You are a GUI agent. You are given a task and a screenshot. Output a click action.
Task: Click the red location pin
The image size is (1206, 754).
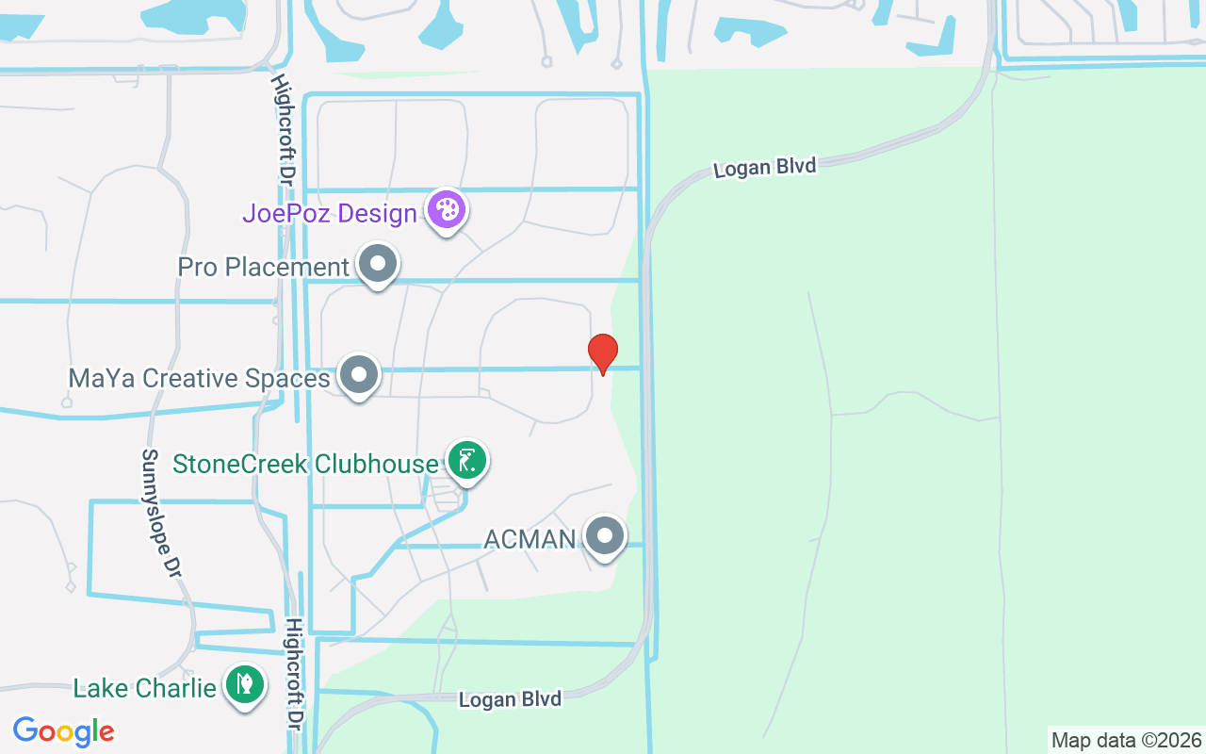tap(603, 353)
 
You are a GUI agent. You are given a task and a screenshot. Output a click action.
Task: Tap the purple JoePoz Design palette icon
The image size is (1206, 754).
tap(446, 210)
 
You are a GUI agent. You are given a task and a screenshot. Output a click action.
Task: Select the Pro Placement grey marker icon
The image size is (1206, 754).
tap(378, 265)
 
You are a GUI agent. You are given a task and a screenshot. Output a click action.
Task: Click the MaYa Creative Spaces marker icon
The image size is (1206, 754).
tap(358, 375)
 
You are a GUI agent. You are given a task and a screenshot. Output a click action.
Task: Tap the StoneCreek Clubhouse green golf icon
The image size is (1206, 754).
tap(466, 461)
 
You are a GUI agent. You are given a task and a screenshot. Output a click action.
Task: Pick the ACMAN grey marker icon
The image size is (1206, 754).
tap(605, 536)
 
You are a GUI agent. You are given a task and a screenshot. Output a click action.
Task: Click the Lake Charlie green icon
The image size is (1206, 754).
tap(245, 684)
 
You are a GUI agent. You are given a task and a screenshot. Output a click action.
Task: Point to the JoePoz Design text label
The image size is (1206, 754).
tap(330, 213)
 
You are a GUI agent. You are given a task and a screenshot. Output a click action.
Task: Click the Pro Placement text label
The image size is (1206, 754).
tap(264, 268)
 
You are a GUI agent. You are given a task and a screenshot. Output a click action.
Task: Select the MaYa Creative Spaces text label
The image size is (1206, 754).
tap(200, 379)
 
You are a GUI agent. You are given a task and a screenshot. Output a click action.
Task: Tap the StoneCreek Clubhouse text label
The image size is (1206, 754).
tap(306, 464)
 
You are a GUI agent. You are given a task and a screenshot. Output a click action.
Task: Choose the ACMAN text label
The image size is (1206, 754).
tap(530, 539)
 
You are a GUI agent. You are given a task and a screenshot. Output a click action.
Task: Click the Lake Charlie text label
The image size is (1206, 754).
tap(145, 688)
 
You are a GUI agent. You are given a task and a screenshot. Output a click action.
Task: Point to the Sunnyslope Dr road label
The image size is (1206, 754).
tap(160, 513)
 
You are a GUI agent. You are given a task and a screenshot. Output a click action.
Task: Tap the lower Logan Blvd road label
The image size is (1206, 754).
tap(510, 699)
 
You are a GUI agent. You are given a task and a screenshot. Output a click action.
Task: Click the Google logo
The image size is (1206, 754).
tap(63, 730)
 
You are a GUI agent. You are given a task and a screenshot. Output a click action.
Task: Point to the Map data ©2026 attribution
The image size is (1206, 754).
tap(1127, 740)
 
